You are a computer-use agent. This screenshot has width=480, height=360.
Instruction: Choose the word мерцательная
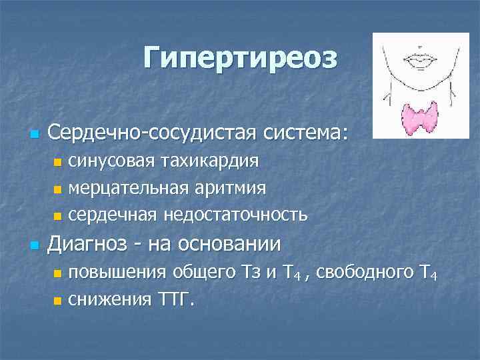tap(130, 188)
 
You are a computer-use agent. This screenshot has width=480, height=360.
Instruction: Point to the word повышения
tap(118, 273)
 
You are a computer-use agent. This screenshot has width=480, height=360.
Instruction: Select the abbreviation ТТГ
tap(175, 299)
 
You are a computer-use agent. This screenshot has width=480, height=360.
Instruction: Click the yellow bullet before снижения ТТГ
tap(57, 301)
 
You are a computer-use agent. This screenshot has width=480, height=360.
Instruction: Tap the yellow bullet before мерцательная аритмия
tap(57, 189)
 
